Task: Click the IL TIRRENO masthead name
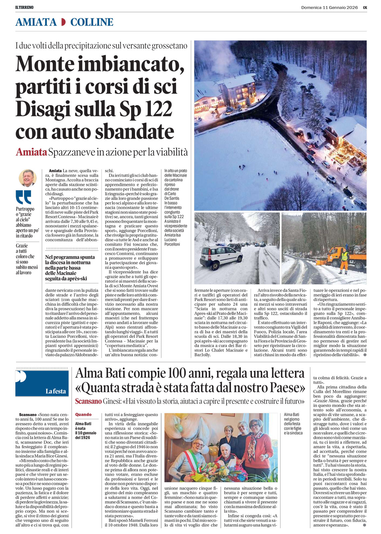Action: coord(24,7)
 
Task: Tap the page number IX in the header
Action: coord(365,7)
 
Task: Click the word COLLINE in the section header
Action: coord(92,22)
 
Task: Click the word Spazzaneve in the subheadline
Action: coord(71,152)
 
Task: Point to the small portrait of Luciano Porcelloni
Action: coord(27,178)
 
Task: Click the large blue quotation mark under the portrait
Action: coord(23,197)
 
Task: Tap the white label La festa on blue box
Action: coord(55,391)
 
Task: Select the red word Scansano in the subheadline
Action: coord(88,401)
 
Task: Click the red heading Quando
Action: coord(83,415)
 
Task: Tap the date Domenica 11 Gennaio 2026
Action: coord(329,7)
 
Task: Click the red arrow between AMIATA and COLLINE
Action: coord(63,22)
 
